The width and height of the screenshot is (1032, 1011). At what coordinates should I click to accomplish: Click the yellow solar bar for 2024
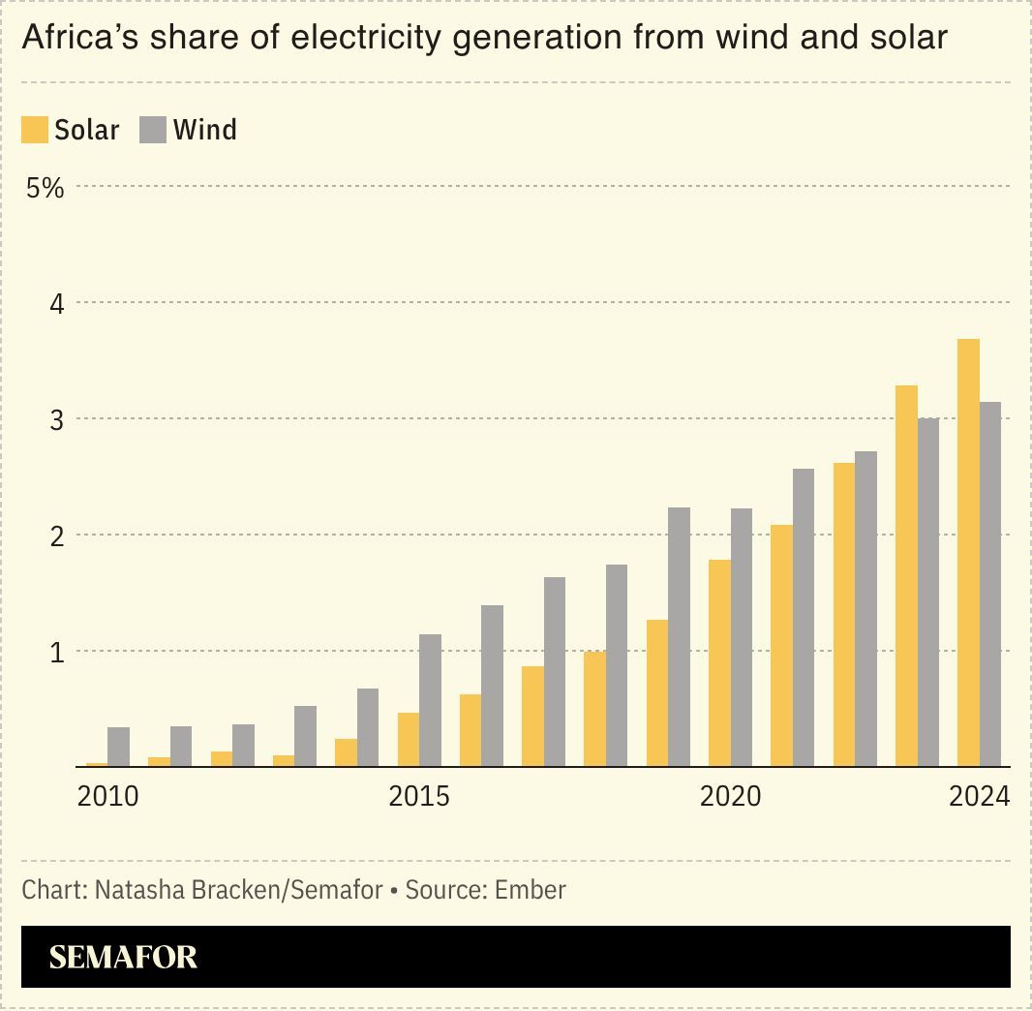pos(967,552)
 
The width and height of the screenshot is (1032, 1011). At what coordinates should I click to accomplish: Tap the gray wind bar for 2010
pos(118,747)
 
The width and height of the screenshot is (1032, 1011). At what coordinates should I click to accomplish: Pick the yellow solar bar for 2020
pos(719,662)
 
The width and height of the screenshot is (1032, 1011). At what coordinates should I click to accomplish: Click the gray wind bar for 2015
pos(430,700)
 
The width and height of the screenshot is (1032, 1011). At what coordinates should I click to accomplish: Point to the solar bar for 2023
pos(906,575)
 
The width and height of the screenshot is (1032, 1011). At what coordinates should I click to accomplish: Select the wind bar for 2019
pos(679,636)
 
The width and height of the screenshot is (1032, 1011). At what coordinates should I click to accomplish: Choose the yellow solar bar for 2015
pos(409,739)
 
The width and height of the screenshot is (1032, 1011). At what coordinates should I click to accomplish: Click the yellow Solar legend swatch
pos(35,130)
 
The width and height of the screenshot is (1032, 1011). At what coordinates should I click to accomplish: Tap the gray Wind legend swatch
pos(153,130)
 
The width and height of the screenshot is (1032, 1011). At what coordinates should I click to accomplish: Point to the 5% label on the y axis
pos(45,188)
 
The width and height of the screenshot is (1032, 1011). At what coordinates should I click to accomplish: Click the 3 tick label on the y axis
pos(56,420)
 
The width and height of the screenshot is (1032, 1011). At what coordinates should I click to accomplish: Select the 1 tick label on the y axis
pos(56,653)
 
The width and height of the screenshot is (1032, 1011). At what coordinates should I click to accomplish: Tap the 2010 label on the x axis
pos(107,797)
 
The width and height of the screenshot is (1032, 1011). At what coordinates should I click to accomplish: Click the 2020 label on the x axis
pos(730,797)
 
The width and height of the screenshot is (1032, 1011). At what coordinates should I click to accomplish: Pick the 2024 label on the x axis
pos(979,797)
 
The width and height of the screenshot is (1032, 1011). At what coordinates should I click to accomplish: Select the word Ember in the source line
pos(530,889)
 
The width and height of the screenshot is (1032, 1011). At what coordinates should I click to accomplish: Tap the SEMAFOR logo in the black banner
pos(123,957)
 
